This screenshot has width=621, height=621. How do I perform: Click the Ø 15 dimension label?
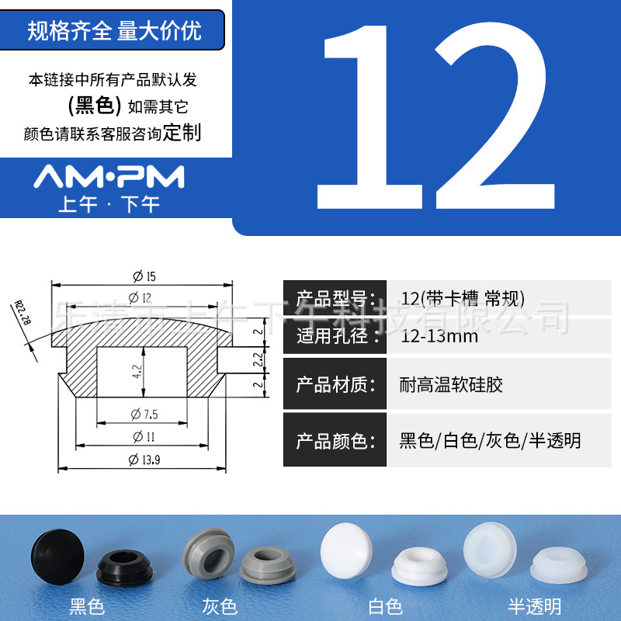144,276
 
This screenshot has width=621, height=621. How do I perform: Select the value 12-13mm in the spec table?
440,337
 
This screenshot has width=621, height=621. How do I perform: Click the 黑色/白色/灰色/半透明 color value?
490,442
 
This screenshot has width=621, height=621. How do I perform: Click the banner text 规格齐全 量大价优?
114,30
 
